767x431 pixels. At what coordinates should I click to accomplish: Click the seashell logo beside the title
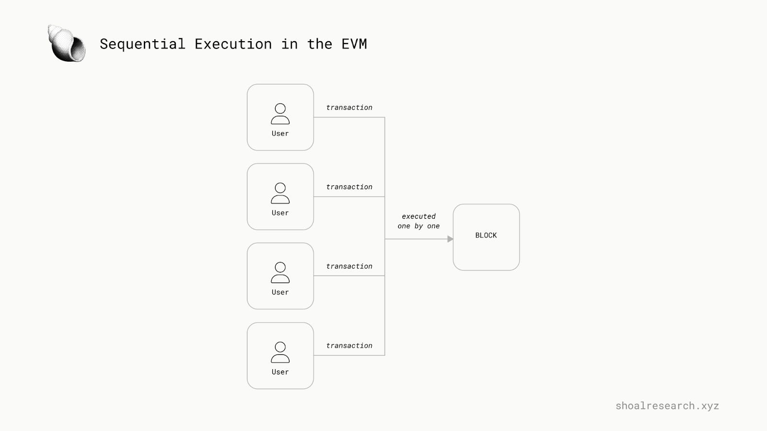pyautogui.click(x=67, y=44)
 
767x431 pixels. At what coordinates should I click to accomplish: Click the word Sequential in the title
pyautogui.click(x=142, y=44)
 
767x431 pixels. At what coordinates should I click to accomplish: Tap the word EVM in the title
pyautogui.click(x=354, y=44)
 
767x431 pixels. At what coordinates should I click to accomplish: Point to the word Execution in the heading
pyautogui.click(x=233, y=44)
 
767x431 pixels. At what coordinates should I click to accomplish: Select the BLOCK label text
pyautogui.click(x=486, y=235)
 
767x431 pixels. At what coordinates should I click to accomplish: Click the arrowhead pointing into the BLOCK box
pyautogui.click(x=450, y=239)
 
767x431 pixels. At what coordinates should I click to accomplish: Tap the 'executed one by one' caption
pyautogui.click(x=418, y=221)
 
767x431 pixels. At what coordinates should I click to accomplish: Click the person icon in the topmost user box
pyautogui.click(x=280, y=114)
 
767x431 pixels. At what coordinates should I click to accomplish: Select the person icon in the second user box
pyautogui.click(x=280, y=193)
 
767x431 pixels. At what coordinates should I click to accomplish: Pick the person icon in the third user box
pyautogui.click(x=280, y=273)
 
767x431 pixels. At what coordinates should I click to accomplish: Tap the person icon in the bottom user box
pyautogui.click(x=280, y=352)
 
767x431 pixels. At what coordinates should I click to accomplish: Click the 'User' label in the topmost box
pyautogui.click(x=280, y=134)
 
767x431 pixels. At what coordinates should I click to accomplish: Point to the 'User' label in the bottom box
pyautogui.click(x=280, y=372)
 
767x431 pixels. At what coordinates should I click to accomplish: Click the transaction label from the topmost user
pyautogui.click(x=349, y=108)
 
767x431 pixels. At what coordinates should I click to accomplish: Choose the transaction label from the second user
pyautogui.click(x=349, y=187)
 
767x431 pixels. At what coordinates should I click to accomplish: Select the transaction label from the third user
pyautogui.click(x=349, y=266)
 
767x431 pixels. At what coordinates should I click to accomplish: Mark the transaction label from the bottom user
pyautogui.click(x=349, y=346)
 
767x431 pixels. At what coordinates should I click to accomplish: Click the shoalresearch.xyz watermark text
pyautogui.click(x=667, y=406)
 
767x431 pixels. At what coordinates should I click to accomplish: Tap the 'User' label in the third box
pyautogui.click(x=280, y=293)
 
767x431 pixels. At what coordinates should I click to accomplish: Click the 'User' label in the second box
pyautogui.click(x=280, y=213)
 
